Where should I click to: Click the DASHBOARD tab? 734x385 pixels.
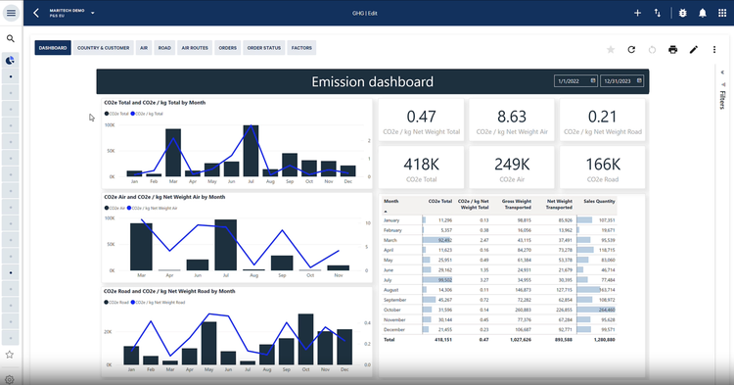tap(53, 47)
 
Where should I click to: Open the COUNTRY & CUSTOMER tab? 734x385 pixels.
tap(104, 47)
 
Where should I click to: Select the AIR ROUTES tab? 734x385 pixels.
tap(195, 47)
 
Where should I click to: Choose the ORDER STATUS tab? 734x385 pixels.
tap(264, 47)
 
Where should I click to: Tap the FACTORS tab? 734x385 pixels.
tap(301, 47)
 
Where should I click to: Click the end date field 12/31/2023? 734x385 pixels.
tap(621, 81)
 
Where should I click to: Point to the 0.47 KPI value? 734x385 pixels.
tap(422, 117)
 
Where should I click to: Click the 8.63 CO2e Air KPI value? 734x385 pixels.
tap(512, 117)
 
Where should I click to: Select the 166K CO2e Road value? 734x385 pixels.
tap(603, 165)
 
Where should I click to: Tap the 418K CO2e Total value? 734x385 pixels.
tap(422, 165)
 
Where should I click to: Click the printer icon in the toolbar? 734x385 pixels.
tap(672, 49)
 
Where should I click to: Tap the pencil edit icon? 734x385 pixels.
tap(694, 49)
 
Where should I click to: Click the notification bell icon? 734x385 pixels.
tap(702, 13)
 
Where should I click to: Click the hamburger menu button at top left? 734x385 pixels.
tap(11, 13)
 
